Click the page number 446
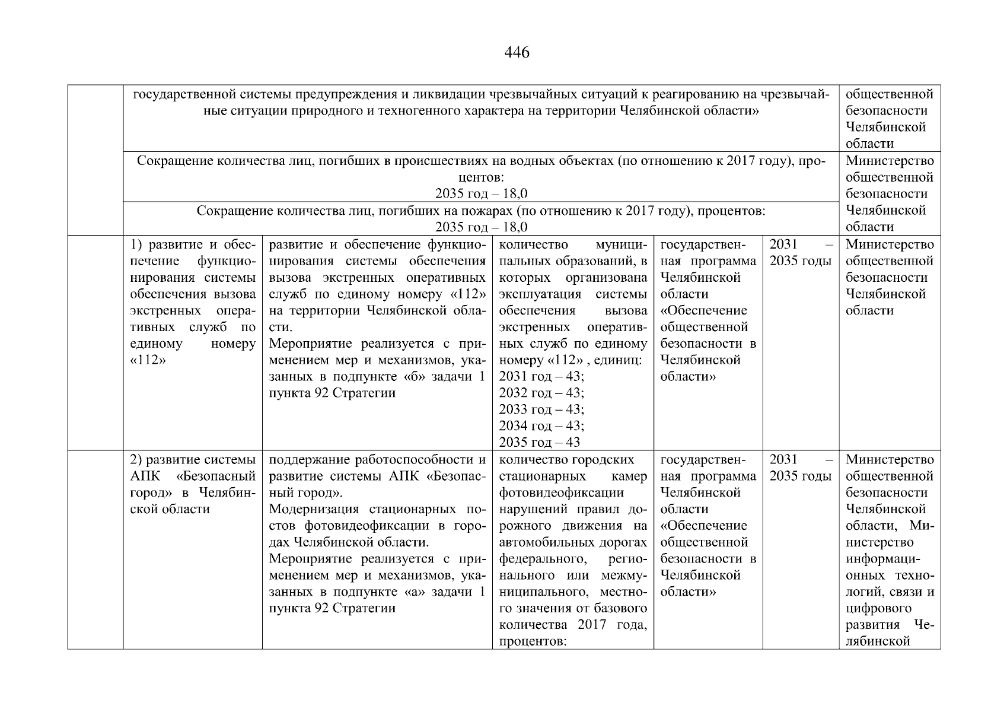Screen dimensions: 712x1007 click(517, 53)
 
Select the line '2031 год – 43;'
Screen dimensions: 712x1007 click(541, 377)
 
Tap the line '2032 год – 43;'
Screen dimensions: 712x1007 click(541, 393)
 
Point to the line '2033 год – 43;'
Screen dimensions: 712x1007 click(541, 409)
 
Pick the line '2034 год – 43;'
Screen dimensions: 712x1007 click(541, 426)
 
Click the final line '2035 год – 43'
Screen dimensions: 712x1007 click(539, 442)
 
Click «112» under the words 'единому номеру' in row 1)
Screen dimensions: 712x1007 click(144, 360)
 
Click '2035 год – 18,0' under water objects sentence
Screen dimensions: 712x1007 click(481, 194)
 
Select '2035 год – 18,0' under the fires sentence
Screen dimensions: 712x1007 click(481, 227)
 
